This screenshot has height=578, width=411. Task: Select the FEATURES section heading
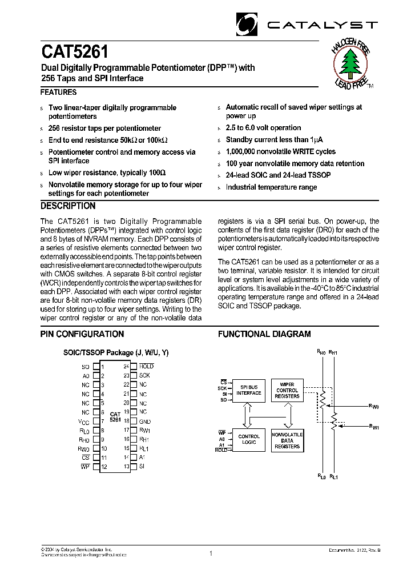(x=58, y=92)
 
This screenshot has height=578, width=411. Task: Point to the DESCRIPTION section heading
(x=68, y=206)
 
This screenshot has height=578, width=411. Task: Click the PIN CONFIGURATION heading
(x=82, y=334)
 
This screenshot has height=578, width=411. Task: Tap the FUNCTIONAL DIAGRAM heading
(x=264, y=334)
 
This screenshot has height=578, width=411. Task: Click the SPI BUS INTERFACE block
(x=248, y=390)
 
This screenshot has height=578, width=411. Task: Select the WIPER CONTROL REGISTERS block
(x=287, y=390)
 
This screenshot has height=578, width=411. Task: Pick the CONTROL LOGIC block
(x=248, y=440)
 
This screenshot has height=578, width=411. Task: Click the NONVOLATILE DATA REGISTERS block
(x=287, y=440)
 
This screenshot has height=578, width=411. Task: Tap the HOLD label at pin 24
(x=146, y=366)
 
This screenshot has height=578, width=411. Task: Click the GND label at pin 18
(x=144, y=421)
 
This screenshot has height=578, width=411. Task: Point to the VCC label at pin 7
(x=84, y=421)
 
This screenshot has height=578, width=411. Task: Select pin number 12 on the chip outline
(x=104, y=467)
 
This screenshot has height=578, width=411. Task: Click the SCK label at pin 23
(x=144, y=375)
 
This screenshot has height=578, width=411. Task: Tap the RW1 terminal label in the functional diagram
(x=374, y=426)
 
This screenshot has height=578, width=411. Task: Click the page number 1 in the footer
(x=211, y=553)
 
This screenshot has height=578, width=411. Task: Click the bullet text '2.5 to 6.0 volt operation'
(x=263, y=128)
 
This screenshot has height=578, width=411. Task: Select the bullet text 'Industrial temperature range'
(x=271, y=187)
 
